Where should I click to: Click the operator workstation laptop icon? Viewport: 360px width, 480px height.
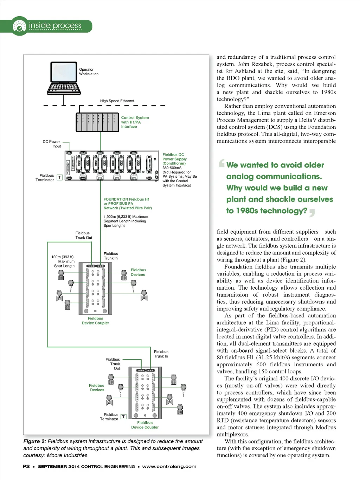[x=64, y=78]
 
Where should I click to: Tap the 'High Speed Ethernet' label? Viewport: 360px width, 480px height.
[x=117, y=101]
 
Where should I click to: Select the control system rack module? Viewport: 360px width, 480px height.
[x=97, y=122]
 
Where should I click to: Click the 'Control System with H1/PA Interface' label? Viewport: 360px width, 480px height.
[x=135, y=122]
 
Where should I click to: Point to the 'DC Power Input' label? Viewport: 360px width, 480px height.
[x=52, y=144]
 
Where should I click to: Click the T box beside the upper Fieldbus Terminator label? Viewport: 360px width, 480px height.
[x=60, y=177]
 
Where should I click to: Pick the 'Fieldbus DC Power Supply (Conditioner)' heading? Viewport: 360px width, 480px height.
[x=174, y=159]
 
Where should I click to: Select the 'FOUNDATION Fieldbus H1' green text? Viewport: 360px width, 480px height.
[x=126, y=199]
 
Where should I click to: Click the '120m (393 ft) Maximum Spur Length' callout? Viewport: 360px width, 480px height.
[x=63, y=261]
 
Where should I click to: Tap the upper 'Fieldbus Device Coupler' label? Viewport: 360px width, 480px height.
[x=95, y=321]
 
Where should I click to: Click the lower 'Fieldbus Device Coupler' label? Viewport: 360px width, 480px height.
[x=145, y=425]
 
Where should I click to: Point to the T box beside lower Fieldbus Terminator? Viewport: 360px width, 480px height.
[x=123, y=417]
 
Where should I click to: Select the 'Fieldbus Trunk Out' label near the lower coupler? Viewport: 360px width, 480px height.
[x=113, y=364]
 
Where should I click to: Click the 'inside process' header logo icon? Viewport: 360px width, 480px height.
[x=19, y=26]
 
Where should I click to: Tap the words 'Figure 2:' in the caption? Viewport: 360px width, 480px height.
[x=34, y=441]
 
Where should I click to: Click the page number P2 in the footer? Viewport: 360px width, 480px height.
[x=26, y=467]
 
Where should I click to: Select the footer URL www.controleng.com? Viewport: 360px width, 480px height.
[x=169, y=467]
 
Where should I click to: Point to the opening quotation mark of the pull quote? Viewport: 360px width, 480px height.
[x=221, y=163]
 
